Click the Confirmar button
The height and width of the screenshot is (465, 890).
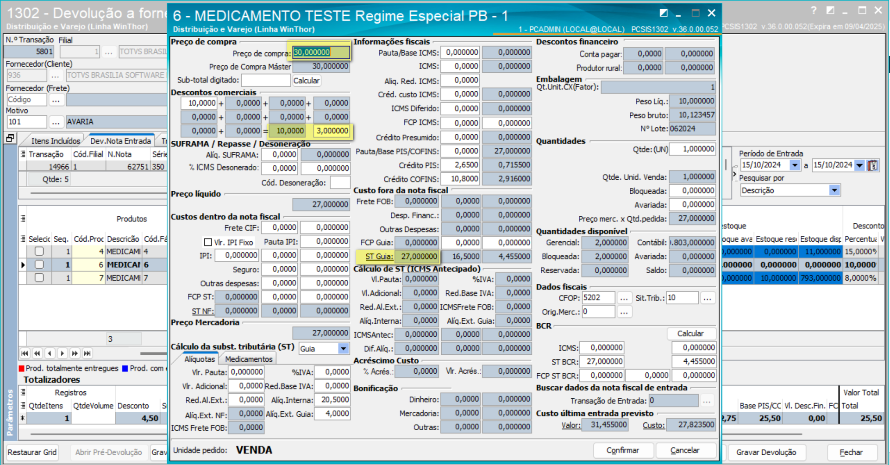tap(623, 450)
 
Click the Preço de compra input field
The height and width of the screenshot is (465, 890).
tap(320, 52)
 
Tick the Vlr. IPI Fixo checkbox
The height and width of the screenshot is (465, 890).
tap(208, 242)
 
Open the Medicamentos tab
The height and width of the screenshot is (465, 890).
tap(249, 359)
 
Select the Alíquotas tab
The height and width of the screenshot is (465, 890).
tap(200, 359)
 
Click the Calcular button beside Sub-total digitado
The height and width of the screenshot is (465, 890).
tap(307, 81)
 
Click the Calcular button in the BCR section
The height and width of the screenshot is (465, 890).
tap(690, 333)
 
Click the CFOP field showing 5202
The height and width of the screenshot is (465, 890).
tap(598, 298)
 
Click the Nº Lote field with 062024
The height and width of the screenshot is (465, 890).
tap(692, 129)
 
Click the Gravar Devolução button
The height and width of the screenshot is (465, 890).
tap(766, 452)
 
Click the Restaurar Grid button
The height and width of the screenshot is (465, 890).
tap(32, 452)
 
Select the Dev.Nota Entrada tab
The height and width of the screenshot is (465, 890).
tap(120, 141)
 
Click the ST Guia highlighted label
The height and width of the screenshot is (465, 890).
tap(379, 257)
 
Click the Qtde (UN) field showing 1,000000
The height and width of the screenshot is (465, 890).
tap(692, 149)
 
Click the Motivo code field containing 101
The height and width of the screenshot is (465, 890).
tap(26, 122)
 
